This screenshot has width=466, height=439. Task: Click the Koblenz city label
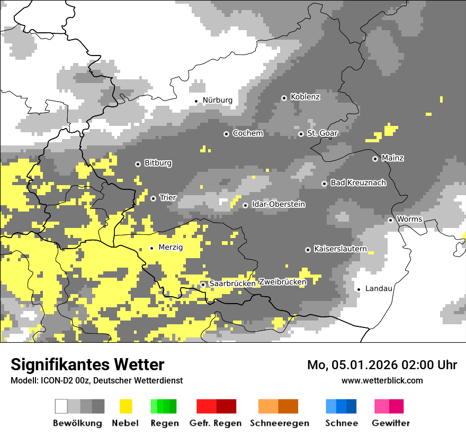(305, 97)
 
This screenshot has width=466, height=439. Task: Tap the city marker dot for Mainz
(375, 159)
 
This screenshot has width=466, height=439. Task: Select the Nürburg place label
(217, 100)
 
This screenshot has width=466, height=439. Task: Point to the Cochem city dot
(226, 134)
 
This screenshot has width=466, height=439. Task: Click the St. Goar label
(322, 133)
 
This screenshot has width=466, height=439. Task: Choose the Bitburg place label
(158, 163)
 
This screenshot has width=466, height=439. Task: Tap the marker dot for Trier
(153, 198)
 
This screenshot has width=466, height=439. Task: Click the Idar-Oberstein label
(278, 204)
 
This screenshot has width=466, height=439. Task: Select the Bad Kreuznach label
(358, 183)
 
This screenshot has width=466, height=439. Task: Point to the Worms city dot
(390, 220)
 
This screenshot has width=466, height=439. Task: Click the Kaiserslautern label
(340, 249)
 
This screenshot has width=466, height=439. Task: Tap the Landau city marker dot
(359, 289)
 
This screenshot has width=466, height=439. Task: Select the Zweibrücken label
(282, 282)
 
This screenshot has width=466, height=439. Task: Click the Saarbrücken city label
(232, 283)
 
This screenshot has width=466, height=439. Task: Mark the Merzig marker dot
(152, 248)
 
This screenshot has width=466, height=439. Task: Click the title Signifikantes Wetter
(87, 364)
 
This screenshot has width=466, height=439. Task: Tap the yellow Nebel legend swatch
(126, 406)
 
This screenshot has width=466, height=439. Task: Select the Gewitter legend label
(390, 423)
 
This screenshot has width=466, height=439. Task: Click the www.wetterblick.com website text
(382, 380)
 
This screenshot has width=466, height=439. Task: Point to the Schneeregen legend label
(279, 423)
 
